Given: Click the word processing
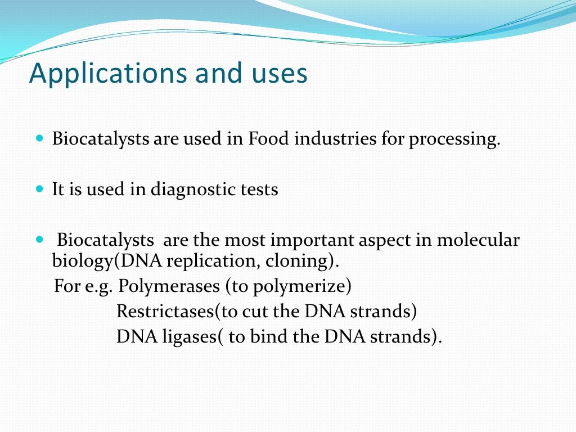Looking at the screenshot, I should [x=453, y=139].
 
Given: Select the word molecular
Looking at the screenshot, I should [x=478, y=241].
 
